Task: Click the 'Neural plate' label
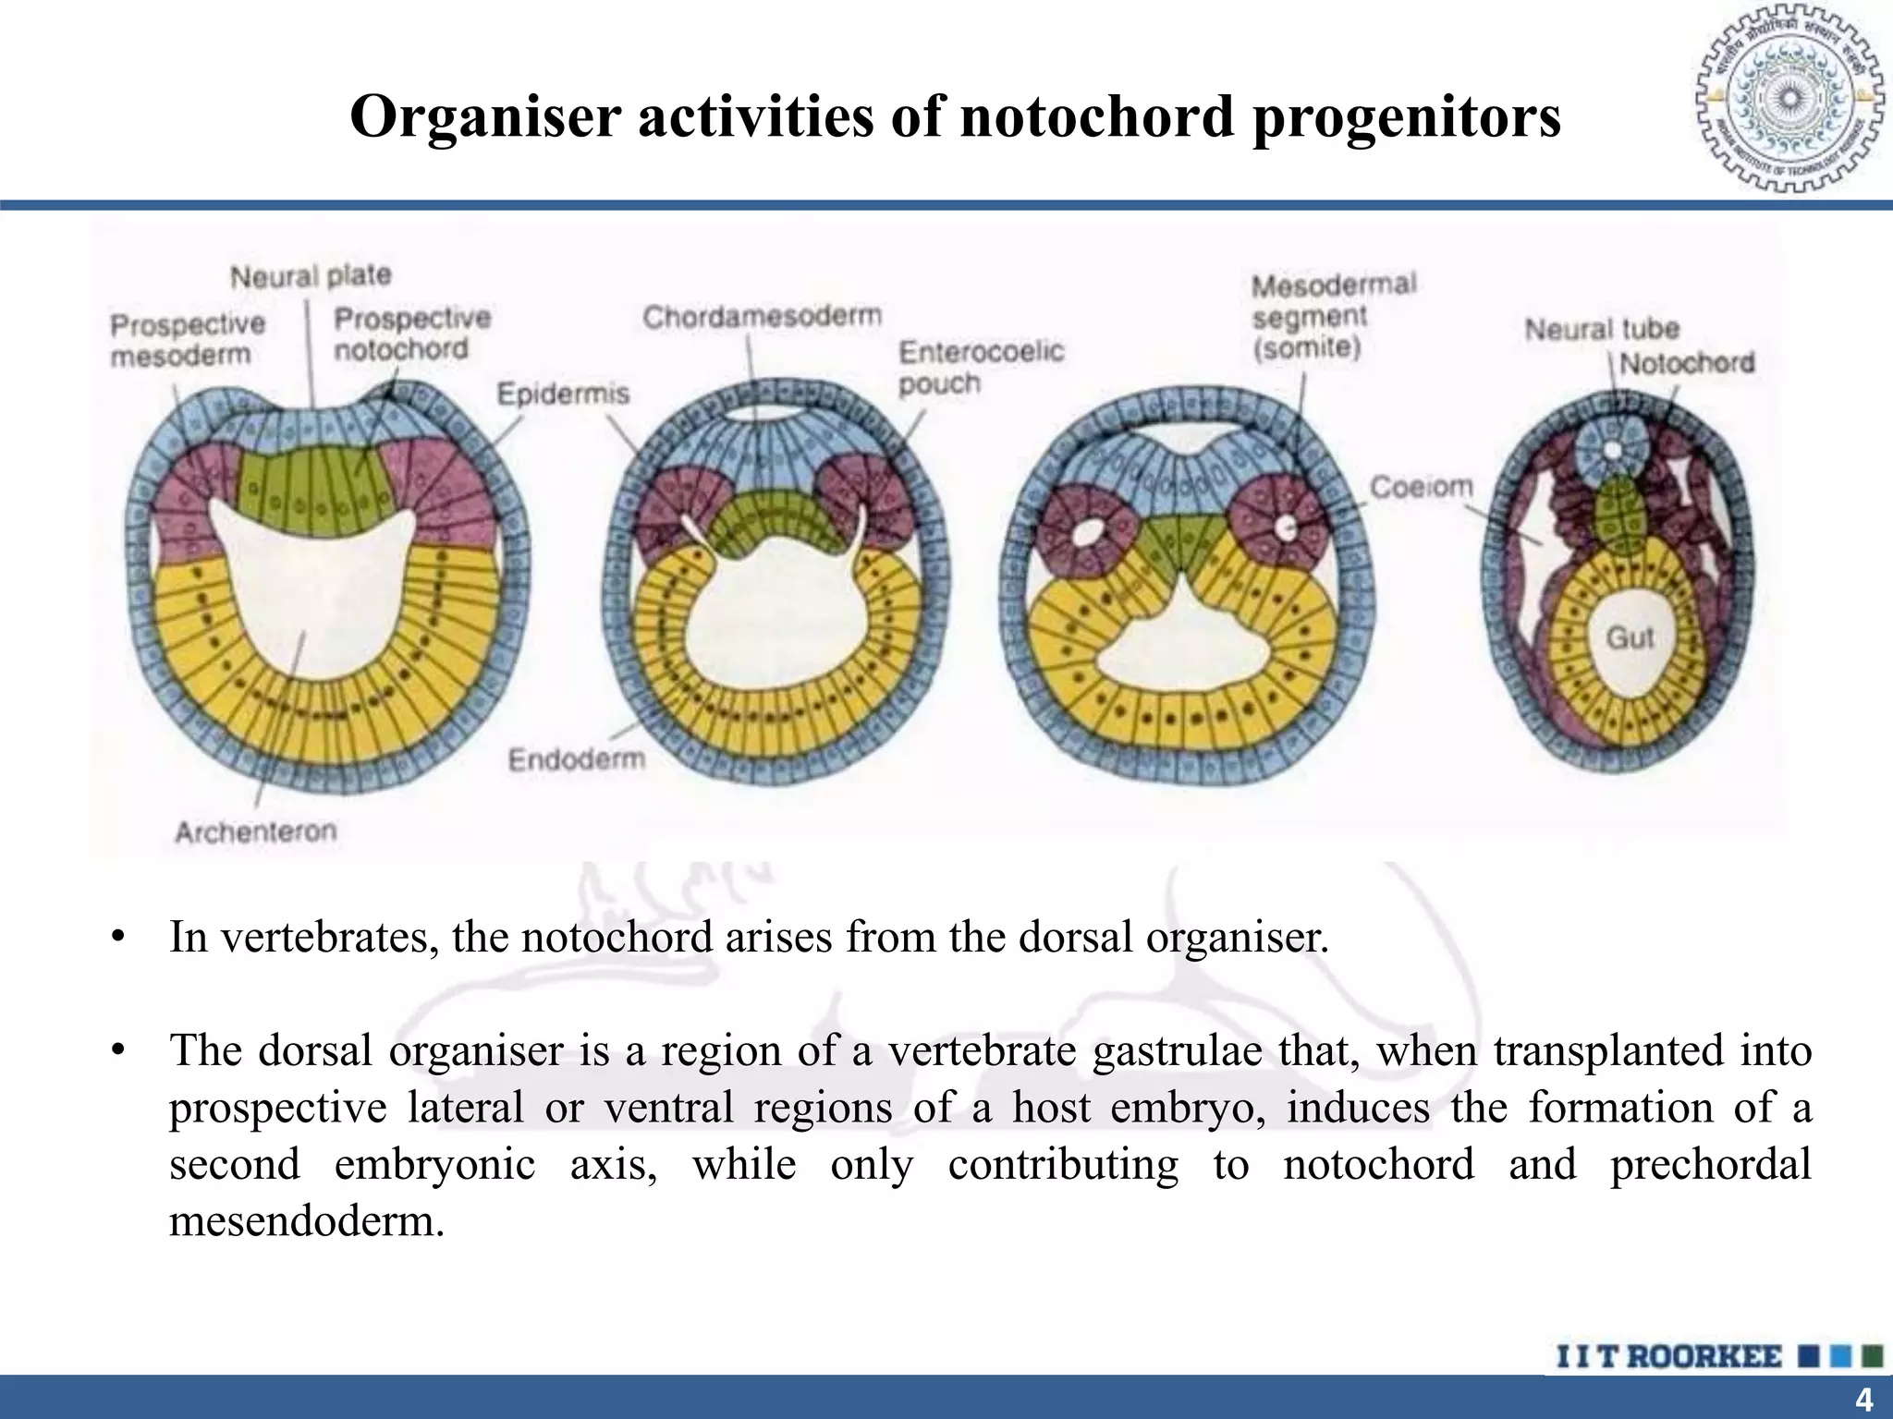[x=310, y=275]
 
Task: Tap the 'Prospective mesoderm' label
[x=187, y=339]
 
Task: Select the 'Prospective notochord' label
[x=411, y=334]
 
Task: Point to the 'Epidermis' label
[x=563, y=394]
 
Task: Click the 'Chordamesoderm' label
[x=762, y=317]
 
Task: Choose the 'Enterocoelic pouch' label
[x=981, y=367]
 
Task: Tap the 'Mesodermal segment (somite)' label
[x=1333, y=316]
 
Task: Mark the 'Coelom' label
[x=1421, y=487]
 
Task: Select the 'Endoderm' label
[x=576, y=759]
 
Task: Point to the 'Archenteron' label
[x=256, y=831]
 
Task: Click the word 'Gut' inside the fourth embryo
[x=1629, y=637]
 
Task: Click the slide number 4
[x=1863, y=1401]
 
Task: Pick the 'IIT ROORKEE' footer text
[x=1668, y=1356]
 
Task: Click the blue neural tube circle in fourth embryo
[x=1611, y=449]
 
